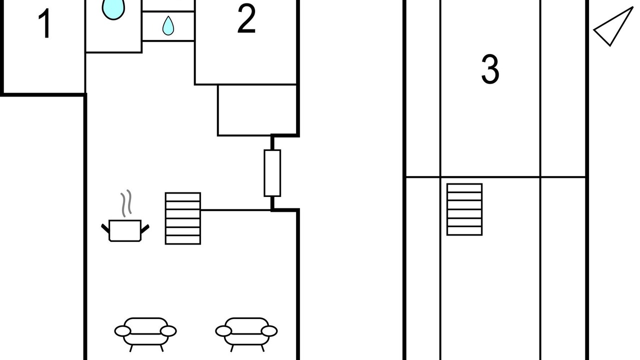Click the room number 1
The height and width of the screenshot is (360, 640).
45,23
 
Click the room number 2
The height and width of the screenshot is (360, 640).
246,19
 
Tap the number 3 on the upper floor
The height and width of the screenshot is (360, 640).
490,69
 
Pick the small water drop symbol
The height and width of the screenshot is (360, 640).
168,26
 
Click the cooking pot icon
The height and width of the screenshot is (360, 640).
125,230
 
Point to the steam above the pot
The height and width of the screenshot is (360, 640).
126,203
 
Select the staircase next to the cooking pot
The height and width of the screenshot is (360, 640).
183,218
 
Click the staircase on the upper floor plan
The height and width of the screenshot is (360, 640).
464,209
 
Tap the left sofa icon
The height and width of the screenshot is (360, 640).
145,333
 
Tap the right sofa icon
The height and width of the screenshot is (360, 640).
246,333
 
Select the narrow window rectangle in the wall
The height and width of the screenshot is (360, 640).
272,173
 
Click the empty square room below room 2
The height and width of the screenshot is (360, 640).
257,110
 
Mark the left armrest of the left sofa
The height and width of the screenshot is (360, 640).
123,331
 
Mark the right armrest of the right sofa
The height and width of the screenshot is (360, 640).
269,331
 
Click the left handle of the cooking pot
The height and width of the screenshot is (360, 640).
105,228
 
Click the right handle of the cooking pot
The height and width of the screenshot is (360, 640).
145,228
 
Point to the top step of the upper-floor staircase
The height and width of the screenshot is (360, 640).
464,187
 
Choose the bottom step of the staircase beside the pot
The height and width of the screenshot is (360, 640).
183,240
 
